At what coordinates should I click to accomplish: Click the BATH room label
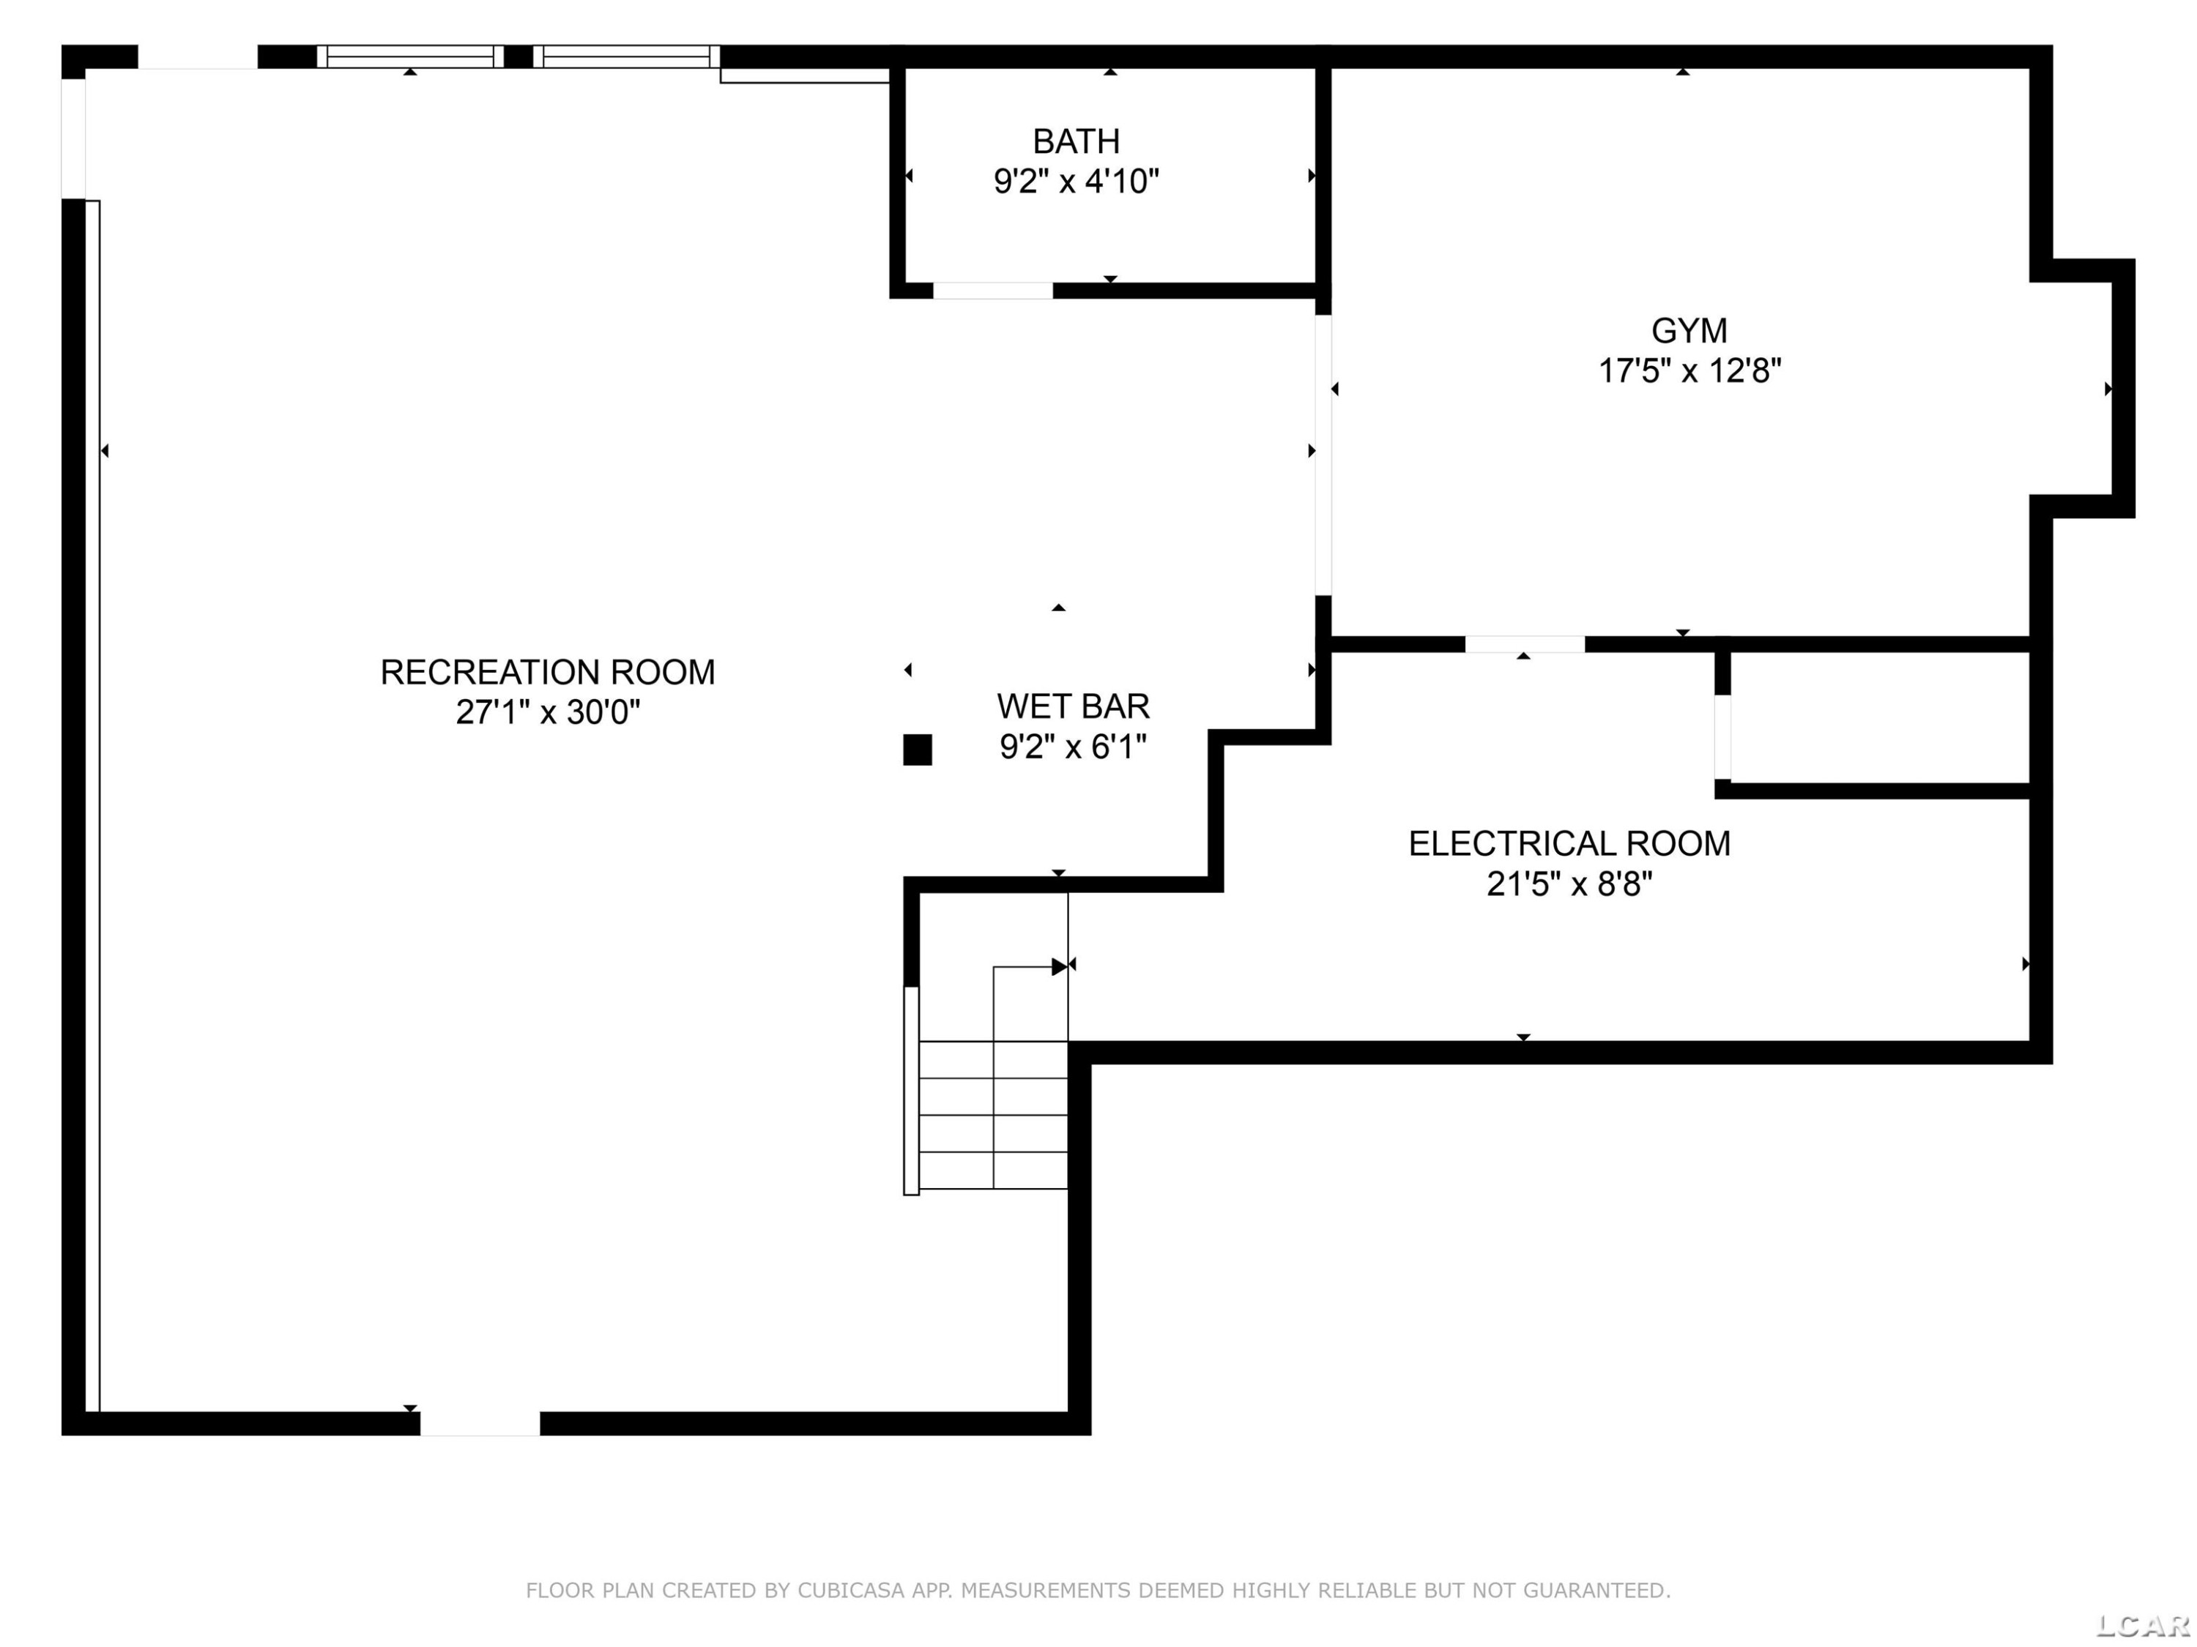pyautogui.click(x=1077, y=142)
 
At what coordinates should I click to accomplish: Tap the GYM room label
pyautogui.click(x=1689, y=331)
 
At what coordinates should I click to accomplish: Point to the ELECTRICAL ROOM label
pyautogui.click(x=1569, y=844)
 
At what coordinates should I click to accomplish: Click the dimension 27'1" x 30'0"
pyautogui.click(x=549, y=713)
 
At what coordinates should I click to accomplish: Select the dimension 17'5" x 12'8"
pyautogui.click(x=1689, y=371)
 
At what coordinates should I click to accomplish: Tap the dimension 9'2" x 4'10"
pyautogui.click(x=1077, y=182)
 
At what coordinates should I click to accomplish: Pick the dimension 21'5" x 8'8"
pyautogui.click(x=1569, y=884)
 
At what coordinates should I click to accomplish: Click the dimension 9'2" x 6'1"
pyautogui.click(x=1074, y=747)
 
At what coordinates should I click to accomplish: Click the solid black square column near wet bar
pyautogui.click(x=918, y=750)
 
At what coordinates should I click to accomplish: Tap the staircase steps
pyautogui.click(x=993, y=1114)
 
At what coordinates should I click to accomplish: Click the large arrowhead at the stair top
pyautogui.click(x=1060, y=966)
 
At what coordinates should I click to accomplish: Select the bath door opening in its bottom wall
pyautogui.click(x=993, y=291)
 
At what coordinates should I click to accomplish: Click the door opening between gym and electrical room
pyautogui.click(x=1525, y=644)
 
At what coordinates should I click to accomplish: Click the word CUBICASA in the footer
pyautogui.click(x=851, y=1591)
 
